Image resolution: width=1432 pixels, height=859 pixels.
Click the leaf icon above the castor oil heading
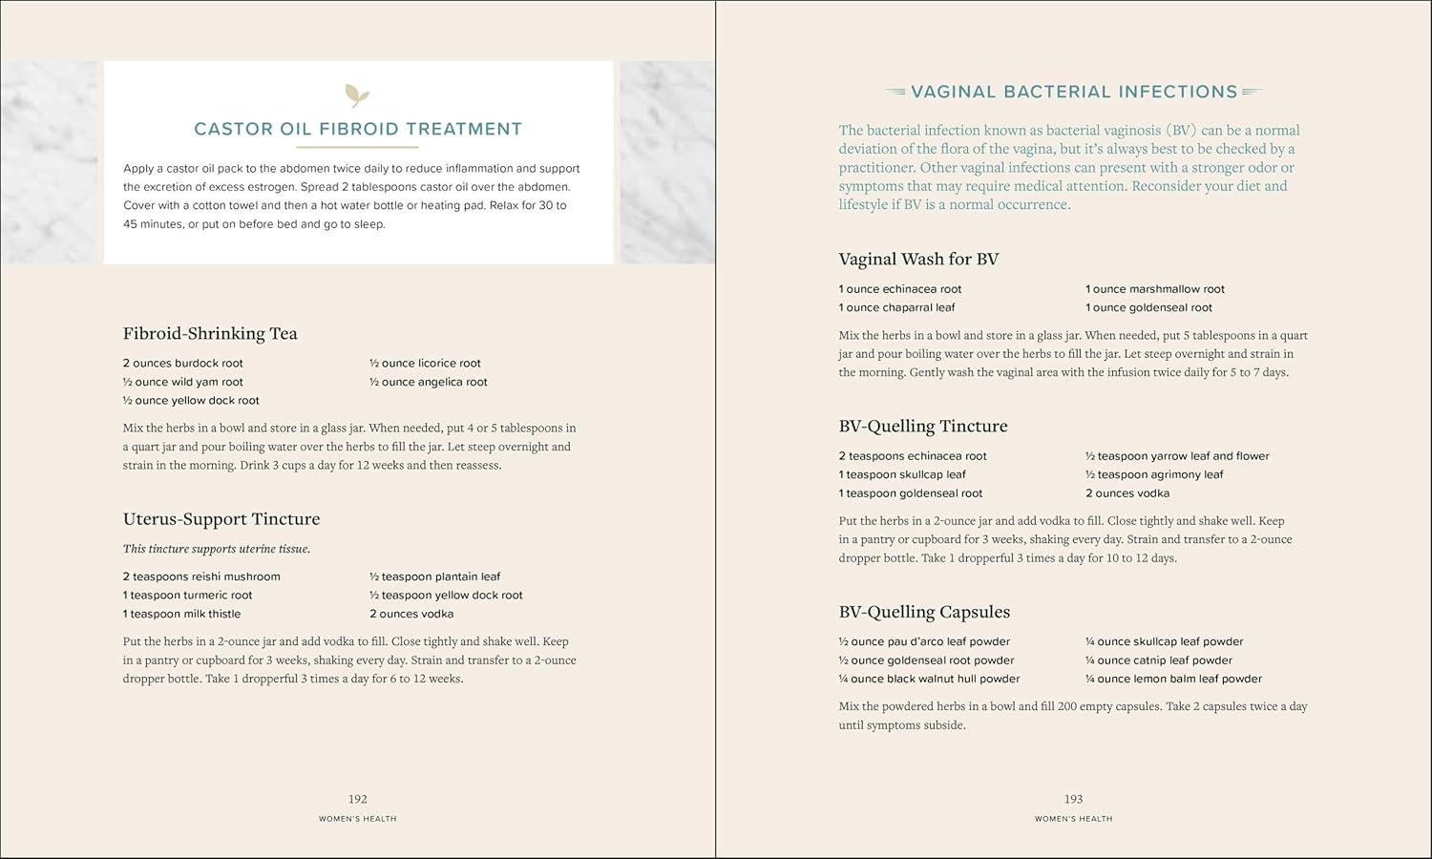(x=357, y=94)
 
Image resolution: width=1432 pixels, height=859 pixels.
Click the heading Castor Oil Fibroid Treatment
(x=358, y=129)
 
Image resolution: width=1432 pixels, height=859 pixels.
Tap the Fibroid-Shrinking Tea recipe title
(x=210, y=333)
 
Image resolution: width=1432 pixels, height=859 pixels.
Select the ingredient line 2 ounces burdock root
(x=182, y=363)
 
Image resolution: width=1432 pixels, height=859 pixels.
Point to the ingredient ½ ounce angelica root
(x=429, y=382)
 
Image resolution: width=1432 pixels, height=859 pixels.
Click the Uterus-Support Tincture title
(x=221, y=519)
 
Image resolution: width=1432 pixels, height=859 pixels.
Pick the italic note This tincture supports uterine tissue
(x=217, y=549)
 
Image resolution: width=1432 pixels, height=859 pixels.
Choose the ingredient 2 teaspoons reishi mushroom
(x=201, y=576)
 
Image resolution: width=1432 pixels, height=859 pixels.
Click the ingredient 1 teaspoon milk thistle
(x=181, y=614)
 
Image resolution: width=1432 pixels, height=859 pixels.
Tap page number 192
(x=358, y=799)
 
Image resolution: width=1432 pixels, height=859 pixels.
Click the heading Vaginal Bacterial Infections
(x=1074, y=92)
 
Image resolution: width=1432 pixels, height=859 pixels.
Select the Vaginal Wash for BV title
(x=918, y=259)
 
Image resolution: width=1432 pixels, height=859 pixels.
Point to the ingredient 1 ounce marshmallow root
(x=1155, y=289)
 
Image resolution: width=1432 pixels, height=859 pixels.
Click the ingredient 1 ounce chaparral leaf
(x=896, y=307)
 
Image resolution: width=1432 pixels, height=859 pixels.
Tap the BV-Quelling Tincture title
(x=923, y=426)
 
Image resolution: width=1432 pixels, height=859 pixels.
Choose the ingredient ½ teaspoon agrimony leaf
(x=1154, y=474)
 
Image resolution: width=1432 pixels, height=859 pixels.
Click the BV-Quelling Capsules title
(x=924, y=612)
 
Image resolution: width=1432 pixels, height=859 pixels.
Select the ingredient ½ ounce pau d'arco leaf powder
(x=924, y=641)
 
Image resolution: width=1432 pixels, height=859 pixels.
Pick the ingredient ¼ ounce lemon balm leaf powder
(x=1173, y=679)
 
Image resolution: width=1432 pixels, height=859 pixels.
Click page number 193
(x=1074, y=799)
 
